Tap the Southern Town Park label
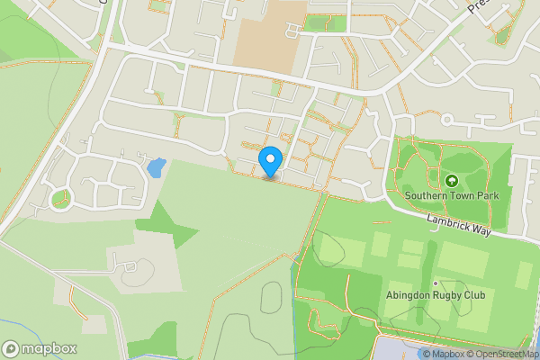[451, 193]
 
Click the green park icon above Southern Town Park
[451, 180]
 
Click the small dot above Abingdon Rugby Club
[436, 283]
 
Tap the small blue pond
[156, 167]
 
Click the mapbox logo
[40, 348]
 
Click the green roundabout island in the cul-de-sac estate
[60, 197]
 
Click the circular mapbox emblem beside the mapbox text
[11, 348]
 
